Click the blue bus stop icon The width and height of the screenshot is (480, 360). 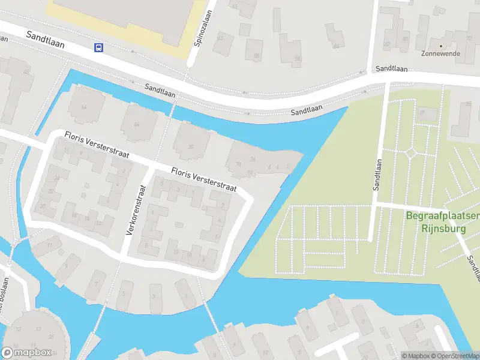98,48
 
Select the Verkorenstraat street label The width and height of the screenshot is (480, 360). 136,209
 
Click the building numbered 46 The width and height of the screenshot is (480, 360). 137,124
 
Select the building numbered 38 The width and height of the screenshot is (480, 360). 191,146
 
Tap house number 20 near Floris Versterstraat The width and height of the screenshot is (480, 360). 43,206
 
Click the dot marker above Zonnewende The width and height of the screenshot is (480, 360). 441,45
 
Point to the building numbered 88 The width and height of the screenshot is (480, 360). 256,56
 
